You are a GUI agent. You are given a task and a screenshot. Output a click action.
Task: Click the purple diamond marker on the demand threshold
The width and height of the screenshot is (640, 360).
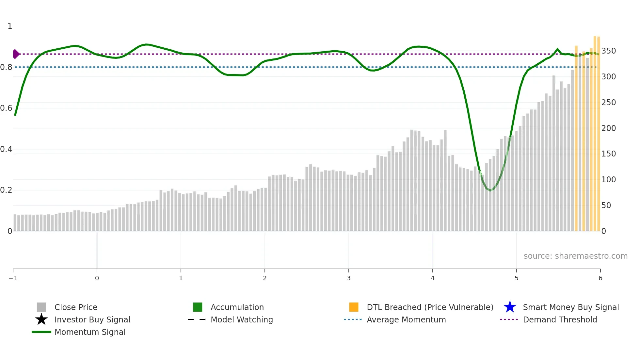click(16, 54)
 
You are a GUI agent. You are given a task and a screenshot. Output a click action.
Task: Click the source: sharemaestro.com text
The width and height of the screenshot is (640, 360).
click(575, 256)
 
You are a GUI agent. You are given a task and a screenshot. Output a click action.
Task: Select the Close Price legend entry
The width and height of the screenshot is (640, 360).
click(76, 307)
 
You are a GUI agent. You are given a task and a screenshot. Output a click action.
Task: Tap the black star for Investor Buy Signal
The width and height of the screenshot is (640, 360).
click(41, 319)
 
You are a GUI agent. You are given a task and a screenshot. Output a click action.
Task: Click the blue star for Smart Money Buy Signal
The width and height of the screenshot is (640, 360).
click(510, 307)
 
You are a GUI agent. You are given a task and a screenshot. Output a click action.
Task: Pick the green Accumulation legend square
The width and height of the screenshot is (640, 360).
click(198, 307)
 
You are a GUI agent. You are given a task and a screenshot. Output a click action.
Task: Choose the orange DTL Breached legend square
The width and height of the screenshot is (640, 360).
click(354, 307)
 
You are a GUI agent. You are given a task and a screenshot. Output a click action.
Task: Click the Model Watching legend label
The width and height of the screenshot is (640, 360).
click(242, 319)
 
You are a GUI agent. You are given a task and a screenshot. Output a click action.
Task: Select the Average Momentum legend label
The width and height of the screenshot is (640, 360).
click(406, 319)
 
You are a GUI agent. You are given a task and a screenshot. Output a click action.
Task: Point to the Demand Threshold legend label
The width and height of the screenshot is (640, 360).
click(560, 319)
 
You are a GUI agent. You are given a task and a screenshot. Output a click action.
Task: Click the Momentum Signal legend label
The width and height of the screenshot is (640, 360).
click(90, 332)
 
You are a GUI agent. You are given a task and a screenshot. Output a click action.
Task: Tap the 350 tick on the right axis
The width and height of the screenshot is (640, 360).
click(609, 51)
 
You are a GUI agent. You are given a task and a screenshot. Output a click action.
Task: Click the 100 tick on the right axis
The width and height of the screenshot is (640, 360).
click(609, 180)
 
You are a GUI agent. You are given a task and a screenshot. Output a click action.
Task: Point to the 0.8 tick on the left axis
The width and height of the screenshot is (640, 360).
click(6, 67)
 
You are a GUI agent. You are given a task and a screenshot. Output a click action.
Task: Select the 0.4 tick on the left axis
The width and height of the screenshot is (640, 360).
click(6, 149)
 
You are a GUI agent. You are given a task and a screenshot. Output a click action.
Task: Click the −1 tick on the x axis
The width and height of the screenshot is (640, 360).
click(13, 278)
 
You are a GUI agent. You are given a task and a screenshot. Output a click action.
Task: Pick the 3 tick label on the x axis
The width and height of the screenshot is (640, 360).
click(349, 278)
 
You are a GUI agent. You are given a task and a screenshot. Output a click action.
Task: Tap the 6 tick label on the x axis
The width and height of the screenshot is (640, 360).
click(600, 278)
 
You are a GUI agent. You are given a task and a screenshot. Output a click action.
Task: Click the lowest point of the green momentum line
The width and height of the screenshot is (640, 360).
click(490, 190)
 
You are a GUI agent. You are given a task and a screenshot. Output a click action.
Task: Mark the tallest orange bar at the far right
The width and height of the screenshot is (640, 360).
click(595, 131)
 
